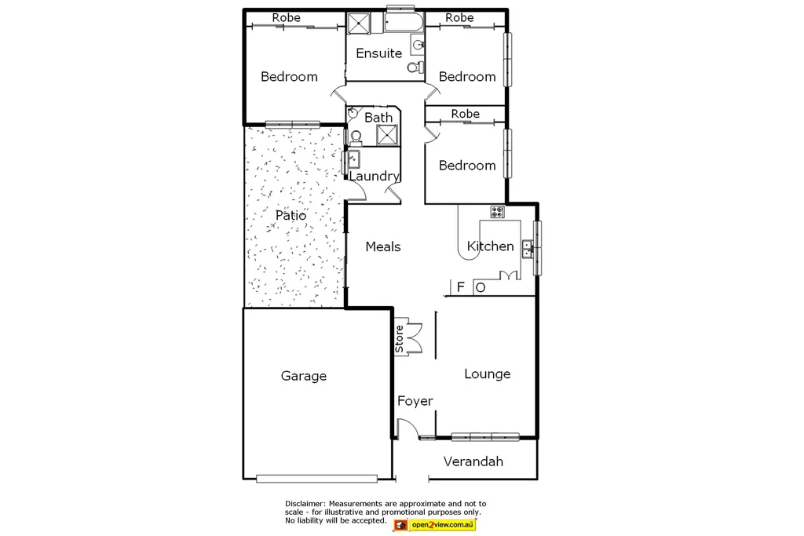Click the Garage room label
tap(304, 376)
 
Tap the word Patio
tap(291, 214)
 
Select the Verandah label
tap(473, 461)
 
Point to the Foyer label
tap(415, 401)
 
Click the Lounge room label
tap(487, 374)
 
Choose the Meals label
tap(383, 246)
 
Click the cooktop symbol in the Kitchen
tap(497, 210)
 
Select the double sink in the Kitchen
tap(531, 249)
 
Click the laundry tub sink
tap(353, 160)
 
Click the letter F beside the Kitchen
tap(461, 287)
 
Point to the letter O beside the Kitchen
tap(481, 287)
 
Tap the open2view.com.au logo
tap(434, 523)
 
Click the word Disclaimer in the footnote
tap(305, 504)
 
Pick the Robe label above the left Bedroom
tap(286, 17)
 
